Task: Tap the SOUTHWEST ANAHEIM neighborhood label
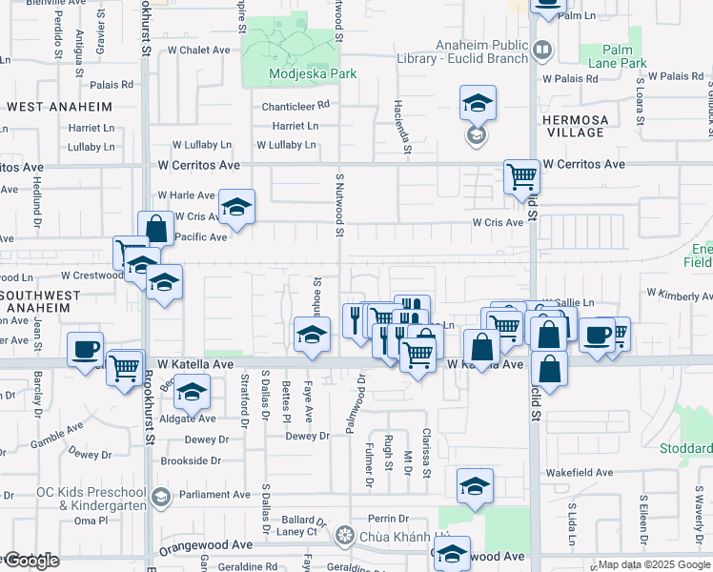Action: coord(35,301)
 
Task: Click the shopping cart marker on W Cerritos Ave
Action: coord(521,174)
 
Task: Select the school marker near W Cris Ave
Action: coord(236,206)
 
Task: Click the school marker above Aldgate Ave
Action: coord(192,393)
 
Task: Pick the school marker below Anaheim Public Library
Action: coord(478,102)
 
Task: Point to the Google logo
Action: coord(31,561)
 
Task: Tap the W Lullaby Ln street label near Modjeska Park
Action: coord(286,145)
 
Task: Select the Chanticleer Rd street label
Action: coord(296,105)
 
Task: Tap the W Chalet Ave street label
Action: coord(199,50)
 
